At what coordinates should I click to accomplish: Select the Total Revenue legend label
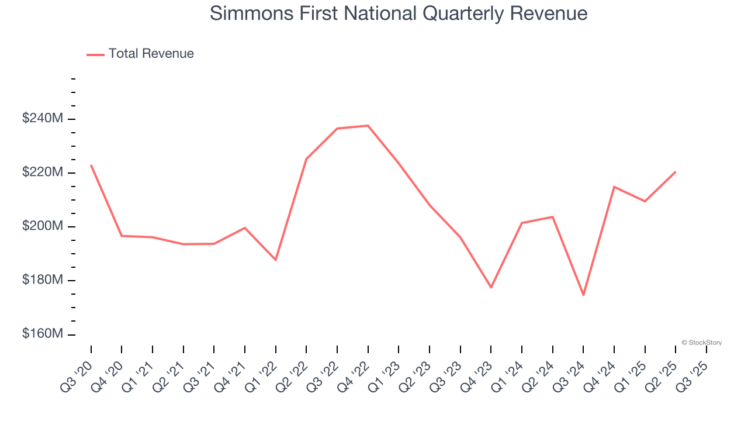click(151, 54)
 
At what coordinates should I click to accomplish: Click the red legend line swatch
click(95, 54)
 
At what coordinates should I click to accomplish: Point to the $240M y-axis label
click(42, 119)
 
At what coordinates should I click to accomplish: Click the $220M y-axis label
click(42, 172)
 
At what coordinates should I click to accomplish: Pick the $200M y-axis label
click(42, 226)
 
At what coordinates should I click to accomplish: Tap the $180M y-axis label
click(42, 280)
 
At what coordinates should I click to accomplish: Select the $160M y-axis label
click(42, 334)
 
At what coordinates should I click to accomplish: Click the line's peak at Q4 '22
click(368, 126)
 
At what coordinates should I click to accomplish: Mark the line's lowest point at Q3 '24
click(583, 295)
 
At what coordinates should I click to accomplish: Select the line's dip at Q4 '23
click(491, 288)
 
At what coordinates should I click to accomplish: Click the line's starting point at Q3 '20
click(91, 165)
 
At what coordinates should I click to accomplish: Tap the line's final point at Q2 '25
click(676, 172)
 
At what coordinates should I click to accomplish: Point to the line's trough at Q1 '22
click(276, 260)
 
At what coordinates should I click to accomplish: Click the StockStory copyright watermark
click(701, 343)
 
